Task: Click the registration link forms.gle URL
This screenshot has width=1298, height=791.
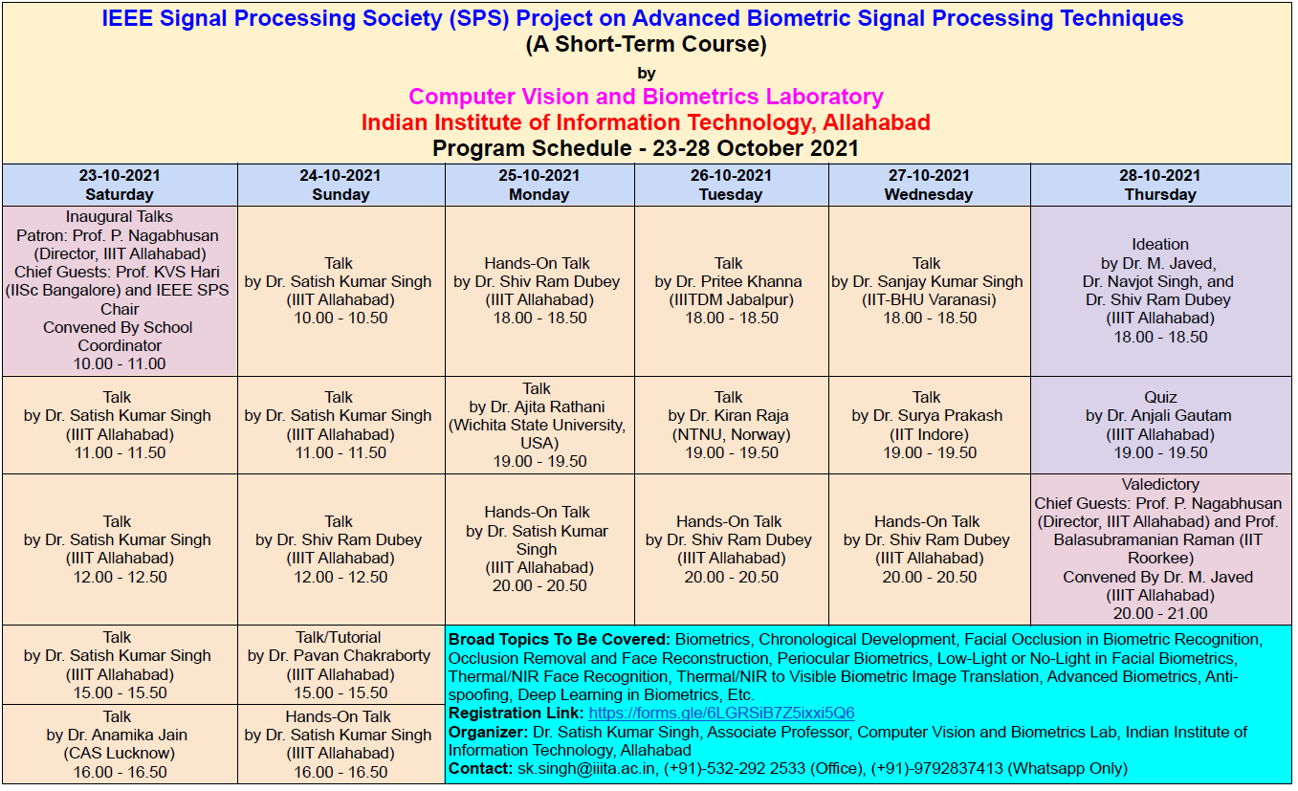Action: [721, 713]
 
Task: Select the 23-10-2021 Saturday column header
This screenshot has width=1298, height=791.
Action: [120, 185]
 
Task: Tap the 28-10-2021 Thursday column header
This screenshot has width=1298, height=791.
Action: [1160, 185]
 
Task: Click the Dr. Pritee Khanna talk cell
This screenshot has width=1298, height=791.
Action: [732, 291]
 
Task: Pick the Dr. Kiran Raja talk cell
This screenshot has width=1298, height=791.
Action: [732, 426]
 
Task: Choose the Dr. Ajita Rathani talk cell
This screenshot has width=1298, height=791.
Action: [539, 426]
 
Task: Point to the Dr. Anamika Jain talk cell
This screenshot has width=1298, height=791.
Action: [120, 744]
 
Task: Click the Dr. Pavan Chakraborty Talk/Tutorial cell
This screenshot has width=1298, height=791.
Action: [341, 665]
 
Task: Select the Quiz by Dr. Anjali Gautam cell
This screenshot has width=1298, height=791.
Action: [1160, 426]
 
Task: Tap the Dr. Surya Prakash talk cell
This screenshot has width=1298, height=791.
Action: [929, 426]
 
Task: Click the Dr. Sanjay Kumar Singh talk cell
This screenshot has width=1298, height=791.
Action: [929, 291]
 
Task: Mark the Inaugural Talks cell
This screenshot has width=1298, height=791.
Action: [120, 291]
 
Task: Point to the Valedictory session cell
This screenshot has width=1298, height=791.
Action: [1160, 549]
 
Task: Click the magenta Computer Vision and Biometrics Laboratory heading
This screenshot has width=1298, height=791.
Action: [646, 97]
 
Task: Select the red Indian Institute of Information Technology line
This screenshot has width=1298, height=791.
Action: [646, 122]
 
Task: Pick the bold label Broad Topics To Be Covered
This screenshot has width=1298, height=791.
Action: [560, 639]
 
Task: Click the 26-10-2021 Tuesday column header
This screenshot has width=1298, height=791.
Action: [732, 185]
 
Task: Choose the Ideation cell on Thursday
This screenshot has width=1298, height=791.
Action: [1160, 291]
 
